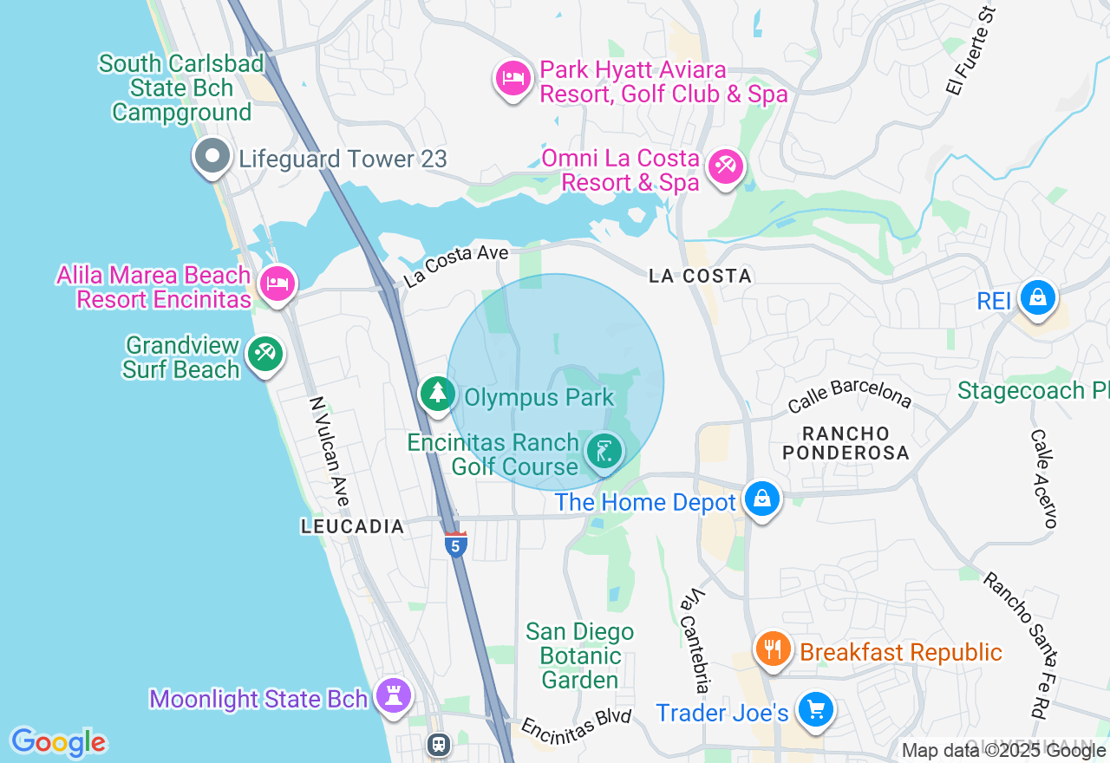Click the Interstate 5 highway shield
(x=456, y=545)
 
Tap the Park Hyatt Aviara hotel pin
(x=513, y=79)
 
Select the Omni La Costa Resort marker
(x=725, y=166)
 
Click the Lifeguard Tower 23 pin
(x=212, y=157)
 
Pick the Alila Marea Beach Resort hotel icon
(x=277, y=284)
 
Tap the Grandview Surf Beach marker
(x=264, y=354)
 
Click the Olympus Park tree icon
(x=438, y=394)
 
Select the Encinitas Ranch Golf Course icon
(x=604, y=451)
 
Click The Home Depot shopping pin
(x=761, y=499)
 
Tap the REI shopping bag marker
(x=1036, y=297)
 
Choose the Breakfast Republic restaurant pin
(x=772, y=649)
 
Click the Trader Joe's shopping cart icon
(x=815, y=709)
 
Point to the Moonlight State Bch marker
(x=394, y=695)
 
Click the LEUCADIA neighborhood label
(x=353, y=526)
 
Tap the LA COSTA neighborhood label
(x=700, y=276)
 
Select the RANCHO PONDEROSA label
(x=846, y=442)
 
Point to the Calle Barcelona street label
(x=849, y=395)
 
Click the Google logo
(x=58, y=742)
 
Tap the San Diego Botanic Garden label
(x=579, y=655)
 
